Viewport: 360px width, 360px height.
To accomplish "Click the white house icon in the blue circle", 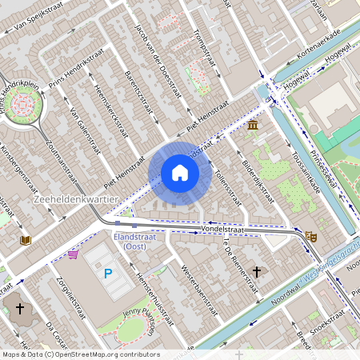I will click(180, 173).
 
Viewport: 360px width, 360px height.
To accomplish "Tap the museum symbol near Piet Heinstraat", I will click(253, 126).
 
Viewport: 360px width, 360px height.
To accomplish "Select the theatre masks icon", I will click(310, 236).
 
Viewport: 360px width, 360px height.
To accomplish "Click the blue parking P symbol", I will click(107, 274).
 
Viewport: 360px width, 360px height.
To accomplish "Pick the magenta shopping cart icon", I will click(74, 254).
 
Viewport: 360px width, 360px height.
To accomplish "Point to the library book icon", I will click(26, 239).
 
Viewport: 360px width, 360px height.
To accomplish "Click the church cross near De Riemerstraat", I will click(257, 272).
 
